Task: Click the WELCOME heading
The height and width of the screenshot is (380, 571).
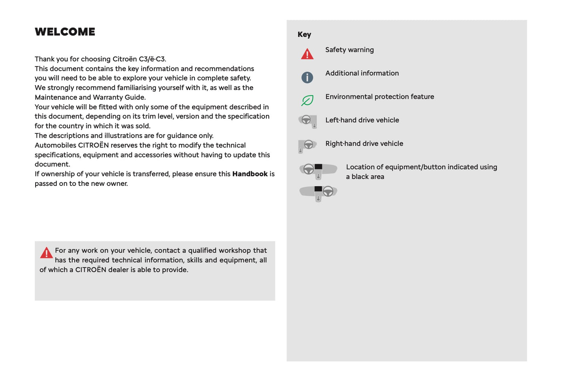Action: click(65, 32)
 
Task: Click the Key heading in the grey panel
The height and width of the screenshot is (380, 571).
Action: click(304, 35)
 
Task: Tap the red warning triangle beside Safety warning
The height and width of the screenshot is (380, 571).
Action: click(307, 54)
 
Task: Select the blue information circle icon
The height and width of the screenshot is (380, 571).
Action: click(307, 77)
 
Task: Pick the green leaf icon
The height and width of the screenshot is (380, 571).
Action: click(307, 101)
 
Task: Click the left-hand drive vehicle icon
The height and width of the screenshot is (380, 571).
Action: click(308, 121)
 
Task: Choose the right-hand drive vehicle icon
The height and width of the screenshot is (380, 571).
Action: click(307, 146)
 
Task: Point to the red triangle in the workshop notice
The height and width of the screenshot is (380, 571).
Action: click(46, 253)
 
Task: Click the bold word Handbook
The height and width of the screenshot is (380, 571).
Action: click(250, 174)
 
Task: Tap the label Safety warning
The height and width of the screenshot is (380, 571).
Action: click(349, 50)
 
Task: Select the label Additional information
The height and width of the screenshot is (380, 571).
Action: click(362, 73)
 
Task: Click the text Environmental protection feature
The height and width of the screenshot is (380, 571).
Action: click(379, 97)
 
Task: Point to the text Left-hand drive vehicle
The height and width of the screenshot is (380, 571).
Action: click(362, 120)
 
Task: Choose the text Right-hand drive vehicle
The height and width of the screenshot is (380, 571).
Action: click(364, 144)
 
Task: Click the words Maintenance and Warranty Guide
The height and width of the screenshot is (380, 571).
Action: click(90, 97)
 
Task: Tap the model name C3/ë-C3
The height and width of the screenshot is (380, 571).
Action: click(152, 59)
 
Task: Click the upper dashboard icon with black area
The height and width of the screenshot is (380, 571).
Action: click(318, 170)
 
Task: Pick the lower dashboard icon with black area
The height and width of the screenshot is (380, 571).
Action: click(318, 193)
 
